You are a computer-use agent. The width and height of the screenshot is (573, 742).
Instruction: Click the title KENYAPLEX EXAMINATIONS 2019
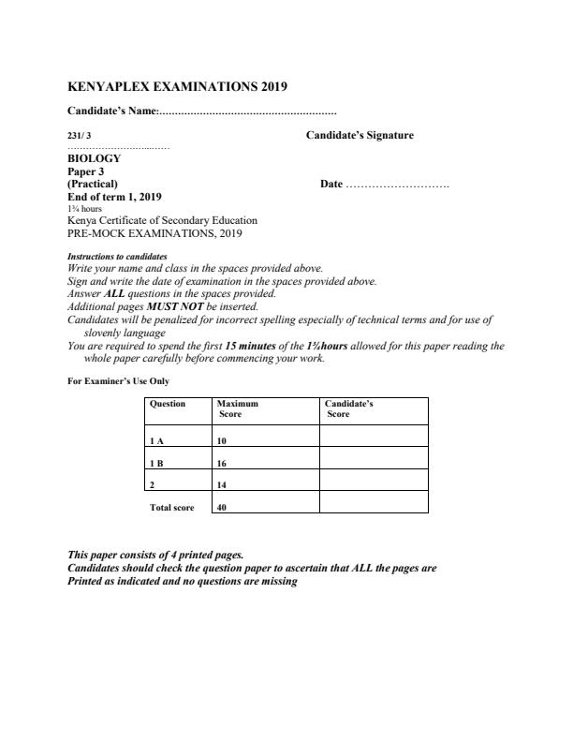click(178, 87)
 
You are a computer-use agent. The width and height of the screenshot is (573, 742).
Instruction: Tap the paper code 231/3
click(81, 136)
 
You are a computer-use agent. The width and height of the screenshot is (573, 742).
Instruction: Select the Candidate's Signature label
click(360, 136)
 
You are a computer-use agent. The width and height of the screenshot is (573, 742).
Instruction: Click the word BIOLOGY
click(95, 159)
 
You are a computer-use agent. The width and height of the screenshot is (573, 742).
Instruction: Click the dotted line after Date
click(398, 185)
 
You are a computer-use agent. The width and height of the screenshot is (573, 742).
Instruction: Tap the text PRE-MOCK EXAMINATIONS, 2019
click(149, 233)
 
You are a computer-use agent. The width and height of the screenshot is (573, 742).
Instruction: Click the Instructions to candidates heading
click(117, 256)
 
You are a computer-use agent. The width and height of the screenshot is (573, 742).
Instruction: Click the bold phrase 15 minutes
click(251, 346)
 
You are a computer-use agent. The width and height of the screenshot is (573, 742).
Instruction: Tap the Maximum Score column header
click(238, 408)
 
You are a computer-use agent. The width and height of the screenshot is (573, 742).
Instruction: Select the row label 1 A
click(156, 439)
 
